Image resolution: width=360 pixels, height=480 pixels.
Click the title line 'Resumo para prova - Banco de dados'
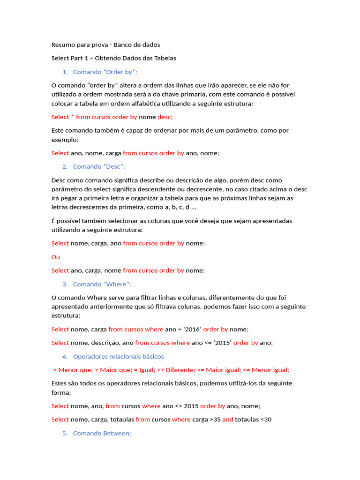(105, 45)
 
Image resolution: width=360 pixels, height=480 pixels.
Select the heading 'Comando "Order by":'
(105, 72)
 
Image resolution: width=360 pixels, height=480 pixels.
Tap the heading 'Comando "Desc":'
(99, 166)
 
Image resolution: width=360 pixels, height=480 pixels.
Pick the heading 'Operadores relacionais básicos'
(119, 356)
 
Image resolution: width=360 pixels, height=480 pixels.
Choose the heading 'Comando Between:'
(102, 434)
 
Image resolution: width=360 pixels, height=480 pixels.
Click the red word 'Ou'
(56, 257)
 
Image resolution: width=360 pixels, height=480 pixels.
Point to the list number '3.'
(65, 284)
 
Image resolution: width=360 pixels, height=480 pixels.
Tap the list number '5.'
(65, 434)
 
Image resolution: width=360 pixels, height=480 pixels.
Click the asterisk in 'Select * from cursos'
(73, 117)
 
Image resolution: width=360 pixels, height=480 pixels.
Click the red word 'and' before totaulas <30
(228, 420)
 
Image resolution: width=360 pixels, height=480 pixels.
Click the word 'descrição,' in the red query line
(103, 343)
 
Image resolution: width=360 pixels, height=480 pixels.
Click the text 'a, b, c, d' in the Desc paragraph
(175, 207)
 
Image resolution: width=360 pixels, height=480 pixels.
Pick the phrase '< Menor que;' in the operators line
(73, 370)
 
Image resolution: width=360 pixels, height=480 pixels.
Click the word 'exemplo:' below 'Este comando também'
(65, 140)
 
